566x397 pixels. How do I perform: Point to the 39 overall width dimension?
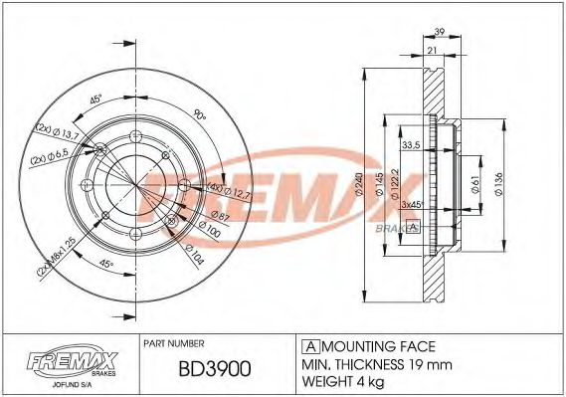tap(439, 32)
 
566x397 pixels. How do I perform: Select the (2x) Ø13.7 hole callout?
tap(58, 131)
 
